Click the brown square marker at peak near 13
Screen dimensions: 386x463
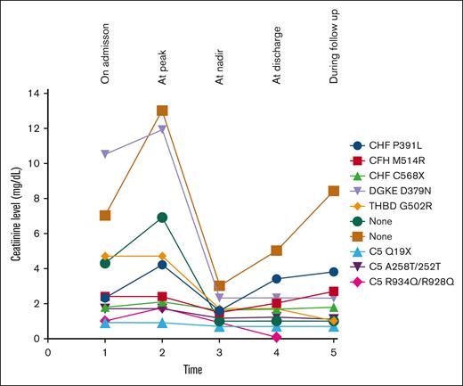[162, 111]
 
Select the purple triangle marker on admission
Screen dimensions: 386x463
[105, 154]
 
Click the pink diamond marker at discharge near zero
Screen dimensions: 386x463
[276, 337]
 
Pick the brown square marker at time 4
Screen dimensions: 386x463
[276, 250]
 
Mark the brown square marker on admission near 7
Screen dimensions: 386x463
[105, 216]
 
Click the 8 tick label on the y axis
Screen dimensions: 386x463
[39, 198]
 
